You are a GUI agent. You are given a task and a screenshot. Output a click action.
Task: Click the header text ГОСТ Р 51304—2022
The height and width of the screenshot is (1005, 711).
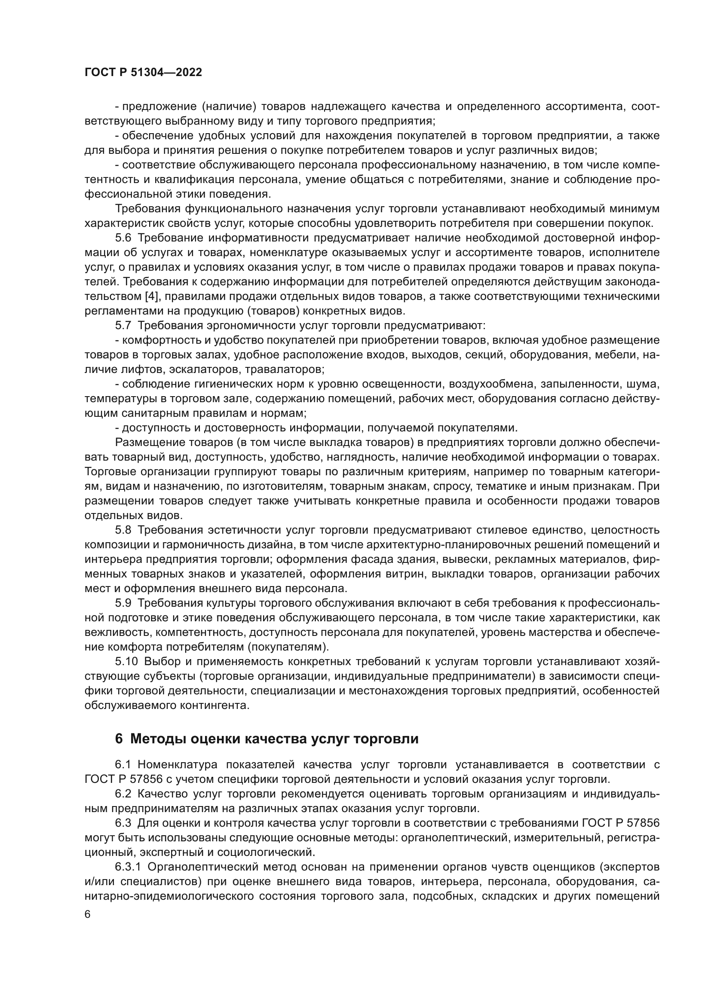tap(143, 73)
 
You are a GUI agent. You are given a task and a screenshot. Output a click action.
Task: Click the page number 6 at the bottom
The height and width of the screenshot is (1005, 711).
tap(88, 914)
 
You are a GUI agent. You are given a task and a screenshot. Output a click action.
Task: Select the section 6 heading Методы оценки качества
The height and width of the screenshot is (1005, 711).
tap(267, 739)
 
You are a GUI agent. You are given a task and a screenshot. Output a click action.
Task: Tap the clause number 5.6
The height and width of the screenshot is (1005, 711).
tap(123, 238)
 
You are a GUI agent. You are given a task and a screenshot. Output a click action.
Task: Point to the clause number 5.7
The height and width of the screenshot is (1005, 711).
tap(123, 326)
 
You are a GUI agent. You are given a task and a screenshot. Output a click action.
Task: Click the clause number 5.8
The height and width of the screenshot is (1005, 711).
tap(123, 530)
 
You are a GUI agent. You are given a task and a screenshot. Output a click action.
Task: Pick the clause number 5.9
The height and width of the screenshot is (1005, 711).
tap(123, 603)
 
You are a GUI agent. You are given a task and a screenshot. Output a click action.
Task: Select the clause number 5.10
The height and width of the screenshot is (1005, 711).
tap(126, 661)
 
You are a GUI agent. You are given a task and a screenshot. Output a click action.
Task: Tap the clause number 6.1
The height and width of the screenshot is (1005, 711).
tap(123, 765)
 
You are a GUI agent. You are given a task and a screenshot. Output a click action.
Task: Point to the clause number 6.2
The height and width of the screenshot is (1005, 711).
tap(123, 794)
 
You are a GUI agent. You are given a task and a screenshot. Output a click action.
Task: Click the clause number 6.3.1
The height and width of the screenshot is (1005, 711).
tap(128, 867)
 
